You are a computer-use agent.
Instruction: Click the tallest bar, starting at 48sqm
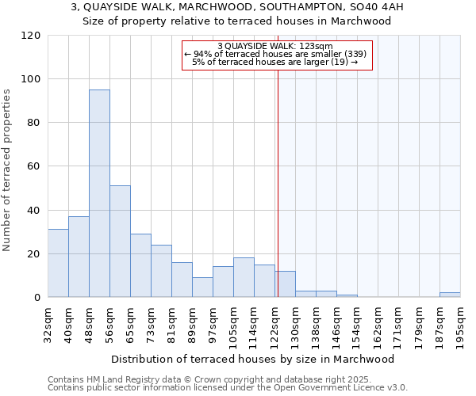[x=99, y=193]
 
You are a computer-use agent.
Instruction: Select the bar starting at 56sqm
[x=120, y=242]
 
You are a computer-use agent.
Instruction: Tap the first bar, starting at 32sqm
[x=58, y=263]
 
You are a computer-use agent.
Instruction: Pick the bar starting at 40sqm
[x=79, y=257]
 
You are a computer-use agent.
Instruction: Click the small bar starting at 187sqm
[x=450, y=295]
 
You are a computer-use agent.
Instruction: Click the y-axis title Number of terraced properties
[x=7, y=170]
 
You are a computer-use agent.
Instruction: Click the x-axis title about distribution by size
[x=253, y=360]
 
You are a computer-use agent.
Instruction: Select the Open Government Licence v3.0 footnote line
[x=228, y=388]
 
